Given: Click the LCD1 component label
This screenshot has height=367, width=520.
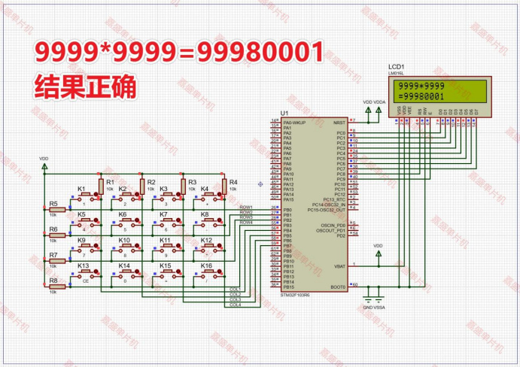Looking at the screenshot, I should click(397, 67).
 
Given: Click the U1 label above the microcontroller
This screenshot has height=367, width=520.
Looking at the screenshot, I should click(284, 114).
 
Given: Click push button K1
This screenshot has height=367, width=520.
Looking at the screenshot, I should click(90, 196).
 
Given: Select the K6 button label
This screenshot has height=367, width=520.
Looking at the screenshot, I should click(123, 214).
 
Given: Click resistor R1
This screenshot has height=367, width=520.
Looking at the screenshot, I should click(100, 187).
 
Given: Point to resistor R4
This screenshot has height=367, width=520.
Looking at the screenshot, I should click(224, 187).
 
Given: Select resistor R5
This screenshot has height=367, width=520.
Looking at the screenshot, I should click(57, 210).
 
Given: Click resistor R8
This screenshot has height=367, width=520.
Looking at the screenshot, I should click(57, 287).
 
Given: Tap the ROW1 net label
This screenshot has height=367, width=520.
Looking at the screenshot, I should click(246, 207).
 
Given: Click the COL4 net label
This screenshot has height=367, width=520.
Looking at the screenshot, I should click(236, 305).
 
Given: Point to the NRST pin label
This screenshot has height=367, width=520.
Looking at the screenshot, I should click(339, 120).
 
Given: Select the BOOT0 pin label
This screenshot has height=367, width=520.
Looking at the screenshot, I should click(337, 287).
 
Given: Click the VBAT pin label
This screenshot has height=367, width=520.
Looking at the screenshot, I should click(339, 265).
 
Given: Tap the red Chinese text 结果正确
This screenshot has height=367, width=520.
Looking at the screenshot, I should click(85, 86).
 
